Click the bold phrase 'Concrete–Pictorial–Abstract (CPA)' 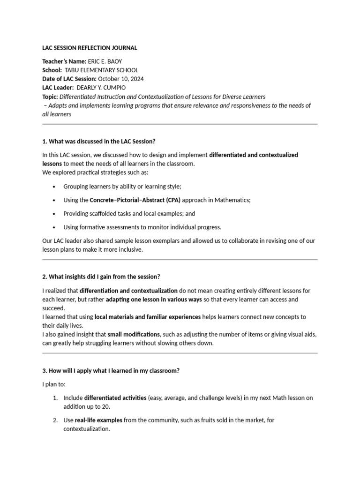[135, 200]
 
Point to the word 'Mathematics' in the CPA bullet [232, 200]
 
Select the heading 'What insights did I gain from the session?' [104, 277]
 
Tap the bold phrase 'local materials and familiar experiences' [147, 317]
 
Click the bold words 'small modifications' [134, 334]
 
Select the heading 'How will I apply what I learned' [111, 370]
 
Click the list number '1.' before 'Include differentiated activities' [55, 397]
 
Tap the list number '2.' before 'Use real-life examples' [55, 420]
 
